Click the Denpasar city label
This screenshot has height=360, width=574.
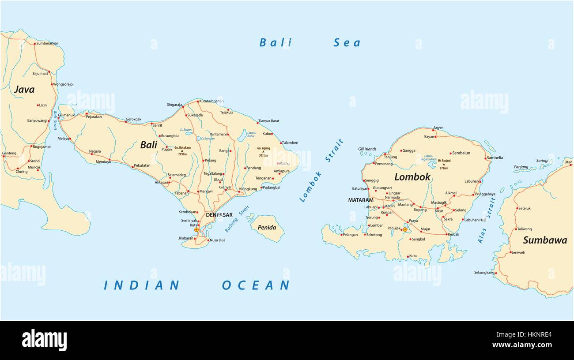click(219, 215)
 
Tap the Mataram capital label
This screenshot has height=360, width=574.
click(360, 200)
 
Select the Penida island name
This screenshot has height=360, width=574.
click(267, 228)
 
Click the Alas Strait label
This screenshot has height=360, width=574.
click(487, 220)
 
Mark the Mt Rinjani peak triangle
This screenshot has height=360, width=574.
click(444, 164)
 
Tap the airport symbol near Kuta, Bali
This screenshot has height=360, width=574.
click(196, 230)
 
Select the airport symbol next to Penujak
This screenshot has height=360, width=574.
click(405, 229)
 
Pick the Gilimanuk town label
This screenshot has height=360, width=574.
click(67, 115)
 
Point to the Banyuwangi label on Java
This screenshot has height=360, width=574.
click(37, 120)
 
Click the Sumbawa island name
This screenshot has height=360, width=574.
click(545, 240)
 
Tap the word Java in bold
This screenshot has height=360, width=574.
click(24, 90)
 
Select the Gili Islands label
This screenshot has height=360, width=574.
click(367, 149)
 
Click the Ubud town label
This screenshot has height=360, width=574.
click(218, 180)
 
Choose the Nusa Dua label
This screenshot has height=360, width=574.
click(217, 240)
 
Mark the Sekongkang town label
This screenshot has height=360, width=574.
click(484, 273)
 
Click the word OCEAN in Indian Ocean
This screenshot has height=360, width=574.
click(256, 285)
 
